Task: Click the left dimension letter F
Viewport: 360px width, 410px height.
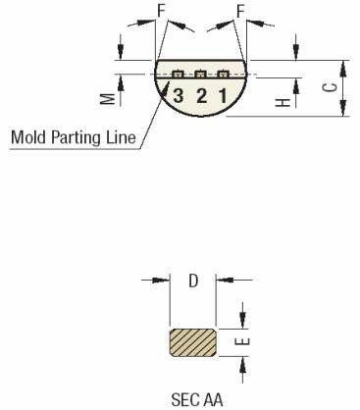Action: point(161,12)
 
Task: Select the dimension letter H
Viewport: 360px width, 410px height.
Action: point(281,101)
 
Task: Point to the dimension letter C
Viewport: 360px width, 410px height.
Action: point(333,89)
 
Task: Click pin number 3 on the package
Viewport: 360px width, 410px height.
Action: point(179,95)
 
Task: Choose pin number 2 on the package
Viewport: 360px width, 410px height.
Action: point(201,95)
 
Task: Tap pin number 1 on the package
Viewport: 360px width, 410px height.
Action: point(224,95)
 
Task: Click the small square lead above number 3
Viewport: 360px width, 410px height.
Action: point(178,75)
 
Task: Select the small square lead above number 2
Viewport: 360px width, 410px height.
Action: point(200,75)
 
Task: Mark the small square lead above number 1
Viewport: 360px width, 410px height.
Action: point(224,75)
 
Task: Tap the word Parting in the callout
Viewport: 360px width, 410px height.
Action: point(75,138)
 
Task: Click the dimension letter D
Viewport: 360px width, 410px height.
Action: point(194,282)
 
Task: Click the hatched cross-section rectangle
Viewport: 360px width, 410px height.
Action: point(195,343)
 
